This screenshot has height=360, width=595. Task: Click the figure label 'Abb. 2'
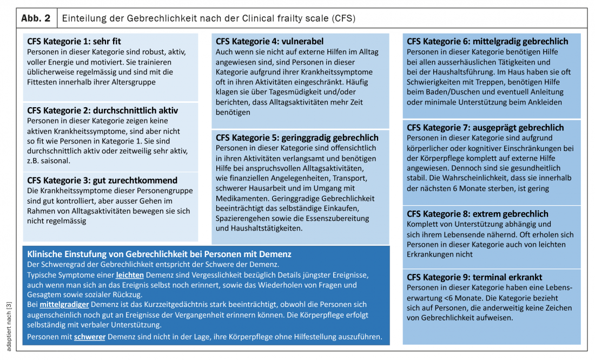pyautogui.click(x=36, y=18)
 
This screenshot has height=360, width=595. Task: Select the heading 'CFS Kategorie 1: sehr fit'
pyautogui.click(x=75, y=41)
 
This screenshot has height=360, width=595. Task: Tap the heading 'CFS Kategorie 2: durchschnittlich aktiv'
pyautogui.click(x=102, y=110)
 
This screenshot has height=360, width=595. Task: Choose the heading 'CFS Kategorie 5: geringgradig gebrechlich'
pyautogui.click(x=297, y=138)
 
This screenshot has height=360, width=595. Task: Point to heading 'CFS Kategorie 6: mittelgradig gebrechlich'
pyautogui.click(x=487, y=41)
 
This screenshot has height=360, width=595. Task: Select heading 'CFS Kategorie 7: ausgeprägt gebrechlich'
pyautogui.click(x=485, y=128)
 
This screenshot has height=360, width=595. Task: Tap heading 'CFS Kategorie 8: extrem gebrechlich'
pyautogui.click(x=478, y=214)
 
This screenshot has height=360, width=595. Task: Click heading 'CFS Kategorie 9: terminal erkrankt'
pyautogui.click(x=475, y=278)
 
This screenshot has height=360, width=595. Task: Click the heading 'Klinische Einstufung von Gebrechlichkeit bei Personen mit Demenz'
pyautogui.click(x=159, y=254)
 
